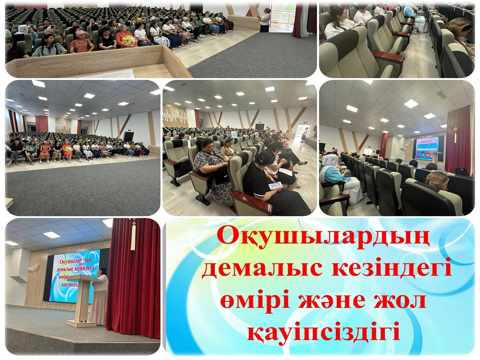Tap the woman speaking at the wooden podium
pos(100,295)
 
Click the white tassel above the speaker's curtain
pos(133,235)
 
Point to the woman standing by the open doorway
pos(265,20)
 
